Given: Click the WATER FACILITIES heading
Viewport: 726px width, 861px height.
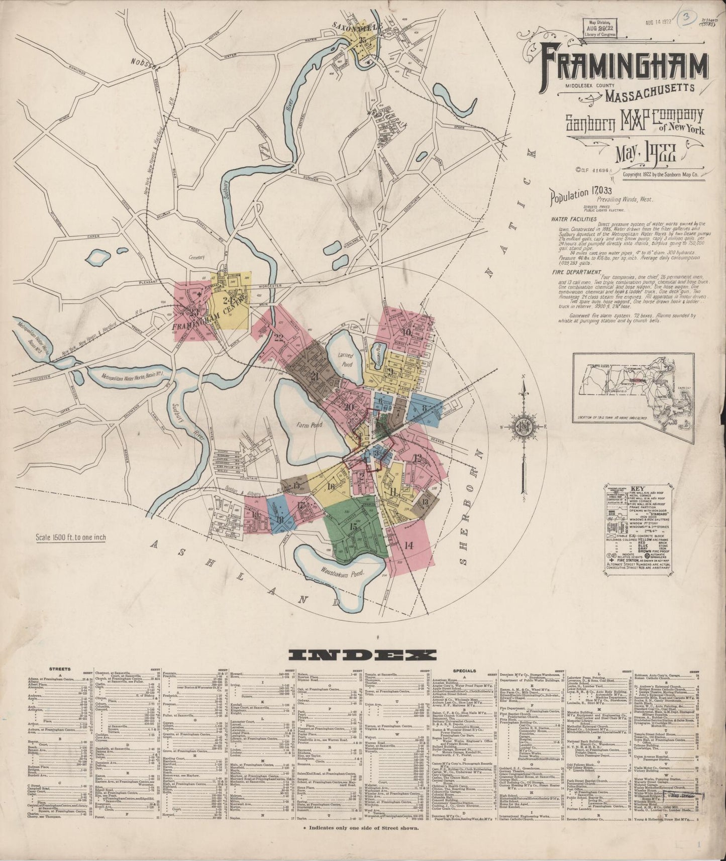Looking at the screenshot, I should [573, 219].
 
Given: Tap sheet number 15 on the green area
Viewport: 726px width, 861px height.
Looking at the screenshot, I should [354, 527].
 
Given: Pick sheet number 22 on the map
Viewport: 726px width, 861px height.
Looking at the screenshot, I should [279, 337].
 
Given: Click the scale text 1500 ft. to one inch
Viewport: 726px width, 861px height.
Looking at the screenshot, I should [70, 537].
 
